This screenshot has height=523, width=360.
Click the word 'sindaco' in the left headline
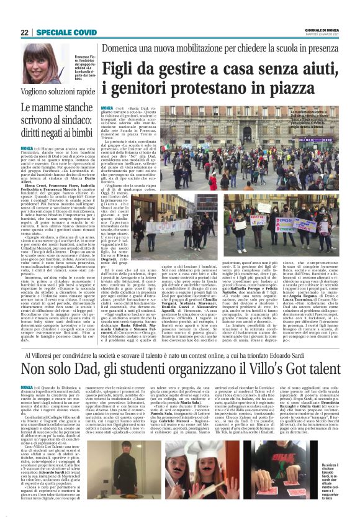click(x=68, y=118)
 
